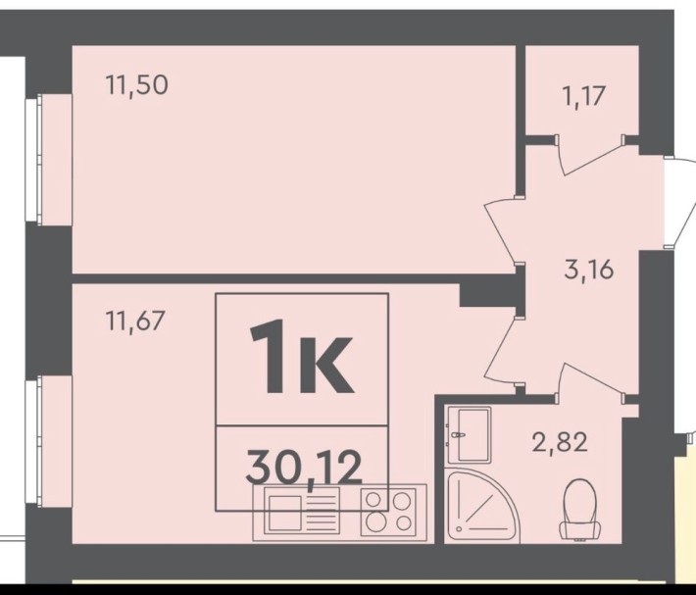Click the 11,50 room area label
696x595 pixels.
[136, 85]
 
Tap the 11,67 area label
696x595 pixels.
[135, 321]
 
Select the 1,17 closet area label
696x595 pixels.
[583, 96]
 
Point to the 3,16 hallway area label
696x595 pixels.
[589, 269]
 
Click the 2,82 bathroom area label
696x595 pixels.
[560, 442]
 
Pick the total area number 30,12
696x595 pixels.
[304, 467]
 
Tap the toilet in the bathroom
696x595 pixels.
[579, 509]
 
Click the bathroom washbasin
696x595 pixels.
[469, 435]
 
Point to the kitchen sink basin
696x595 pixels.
[284, 513]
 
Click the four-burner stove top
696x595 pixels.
[388, 512]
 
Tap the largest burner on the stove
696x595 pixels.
[376, 521]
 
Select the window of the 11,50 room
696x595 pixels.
[33, 160]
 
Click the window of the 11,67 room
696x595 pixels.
[33, 441]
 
